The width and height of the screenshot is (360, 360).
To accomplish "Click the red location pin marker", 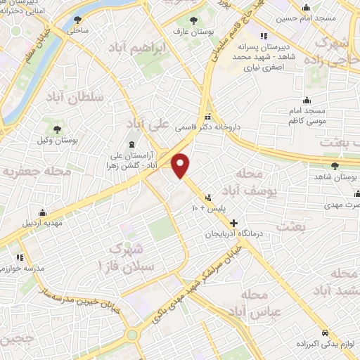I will pyautogui.click(x=181, y=165).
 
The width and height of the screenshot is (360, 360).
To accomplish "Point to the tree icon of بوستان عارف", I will pyautogui.click(x=195, y=20).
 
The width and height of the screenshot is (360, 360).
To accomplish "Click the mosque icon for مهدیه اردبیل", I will pyautogui.click(x=43, y=212).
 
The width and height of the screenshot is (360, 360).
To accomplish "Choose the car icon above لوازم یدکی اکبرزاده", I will pyautogui.click(x=323, y=333).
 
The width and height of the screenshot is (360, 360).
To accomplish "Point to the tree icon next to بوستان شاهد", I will pyautogui.click(x=335, y=167).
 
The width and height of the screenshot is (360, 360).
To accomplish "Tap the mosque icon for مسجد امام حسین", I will pyautogui.click(x=306, y=8).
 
